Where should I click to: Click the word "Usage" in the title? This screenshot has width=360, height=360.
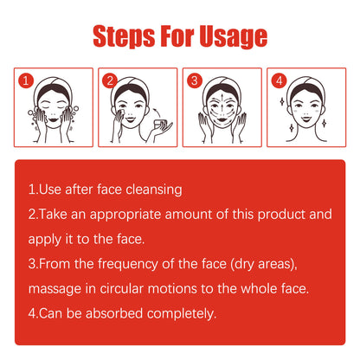point(233,36)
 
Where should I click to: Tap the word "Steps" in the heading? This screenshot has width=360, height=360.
point(125,36)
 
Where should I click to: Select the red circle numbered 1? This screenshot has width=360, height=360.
point(26,80)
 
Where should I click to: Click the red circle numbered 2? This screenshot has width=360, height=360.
point(110,80)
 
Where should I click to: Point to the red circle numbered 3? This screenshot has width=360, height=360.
point(195,80)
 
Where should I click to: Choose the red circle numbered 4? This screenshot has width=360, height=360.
point(279,80)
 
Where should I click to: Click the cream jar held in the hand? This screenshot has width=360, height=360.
point(160,125)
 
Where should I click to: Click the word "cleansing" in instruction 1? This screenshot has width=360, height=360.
point(154,190)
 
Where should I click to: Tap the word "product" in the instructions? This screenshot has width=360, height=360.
point(281,215)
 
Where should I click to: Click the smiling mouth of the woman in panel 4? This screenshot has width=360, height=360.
point(306,118)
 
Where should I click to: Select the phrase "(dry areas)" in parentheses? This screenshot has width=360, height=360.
point(264,264)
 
